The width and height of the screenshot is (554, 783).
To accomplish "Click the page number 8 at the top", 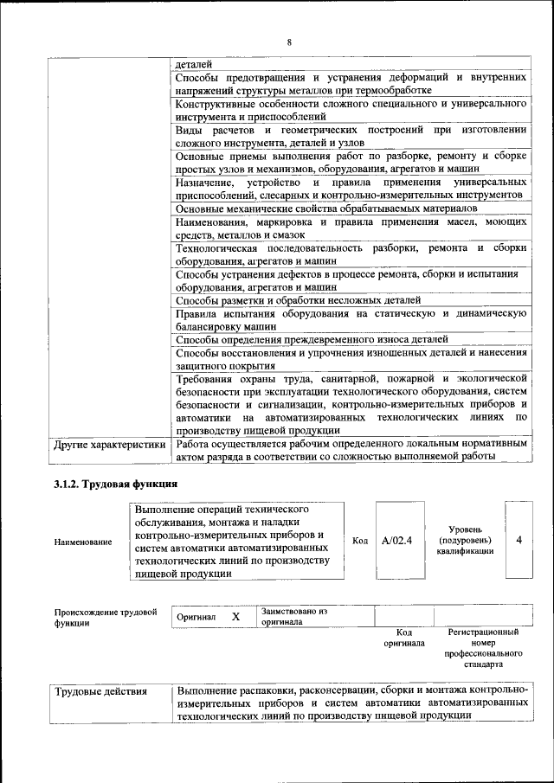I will point(289,43).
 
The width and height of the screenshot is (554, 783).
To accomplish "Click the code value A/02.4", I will point(396,541).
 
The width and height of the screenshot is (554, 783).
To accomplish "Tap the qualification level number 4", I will point(519,540).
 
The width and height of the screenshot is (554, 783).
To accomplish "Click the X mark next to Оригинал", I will point(235,617).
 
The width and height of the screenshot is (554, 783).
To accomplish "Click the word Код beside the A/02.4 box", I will point(361,541).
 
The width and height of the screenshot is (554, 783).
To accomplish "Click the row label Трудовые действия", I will point(100,692).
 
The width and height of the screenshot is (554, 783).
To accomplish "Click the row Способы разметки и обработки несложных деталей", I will point(287,299).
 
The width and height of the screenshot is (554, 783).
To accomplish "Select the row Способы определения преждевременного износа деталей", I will point(312,339).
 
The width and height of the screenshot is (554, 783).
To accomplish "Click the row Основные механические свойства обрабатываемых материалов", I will point(325,209).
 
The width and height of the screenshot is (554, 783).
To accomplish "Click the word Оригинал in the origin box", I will point(195,618).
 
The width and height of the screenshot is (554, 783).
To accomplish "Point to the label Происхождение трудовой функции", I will point(105,617).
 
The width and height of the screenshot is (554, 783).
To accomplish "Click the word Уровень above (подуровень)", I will point(472,529).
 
